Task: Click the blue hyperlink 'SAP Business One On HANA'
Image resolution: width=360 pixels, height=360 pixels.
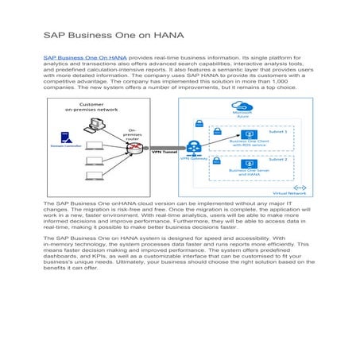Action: [84, 57]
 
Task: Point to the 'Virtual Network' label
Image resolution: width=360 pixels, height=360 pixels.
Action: [291, 193]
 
